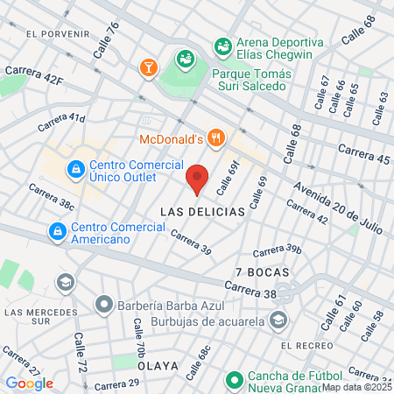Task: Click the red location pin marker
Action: (198, 179)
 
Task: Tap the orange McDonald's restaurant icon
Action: (218, 137)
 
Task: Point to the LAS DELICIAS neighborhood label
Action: (195, 212)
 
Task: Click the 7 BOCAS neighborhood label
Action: (256, 272)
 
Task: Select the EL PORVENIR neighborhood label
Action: (59, 33)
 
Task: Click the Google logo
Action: (29, 383)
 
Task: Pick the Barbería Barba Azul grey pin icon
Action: (104, 306)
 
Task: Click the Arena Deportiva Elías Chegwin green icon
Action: (223, 43)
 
